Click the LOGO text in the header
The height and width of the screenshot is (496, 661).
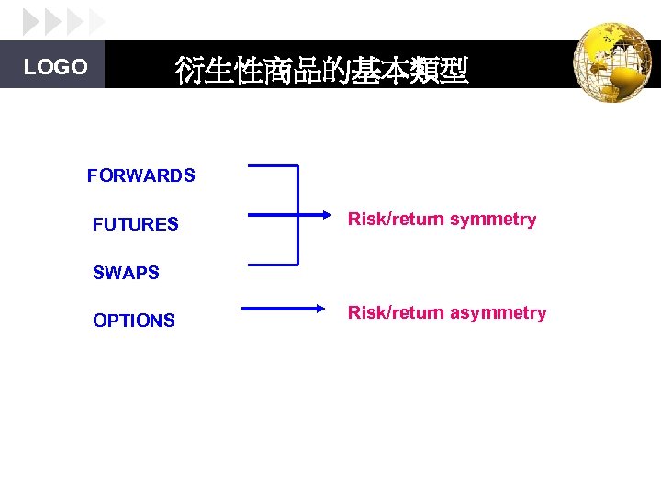pyautogui.click(x=55, y=67)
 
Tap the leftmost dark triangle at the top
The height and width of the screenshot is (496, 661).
pyautogui.click(x=30, y=21)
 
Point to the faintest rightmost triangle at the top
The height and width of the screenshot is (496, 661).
pyautogui.click(x=97, y=21)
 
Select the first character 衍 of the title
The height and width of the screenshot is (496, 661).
pyautogui.click(x=189, y=71)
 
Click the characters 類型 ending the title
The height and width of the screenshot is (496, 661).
pyautogui.click(x=438, y=71)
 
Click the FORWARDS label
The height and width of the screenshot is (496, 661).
pyautogui.click(x=141, y=175)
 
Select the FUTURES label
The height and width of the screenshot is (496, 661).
pyautogui.click(x=136, y=224)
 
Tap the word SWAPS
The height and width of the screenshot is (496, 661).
pyautogui.click(x=126, y=273)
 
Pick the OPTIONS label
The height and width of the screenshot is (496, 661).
pyautogui.click(x=134, y=321)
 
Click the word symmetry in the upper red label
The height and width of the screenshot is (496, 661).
pyautogui.click(x=493, y=220)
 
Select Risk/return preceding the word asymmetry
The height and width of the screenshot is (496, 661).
pyautogui.click(x=396, y=313)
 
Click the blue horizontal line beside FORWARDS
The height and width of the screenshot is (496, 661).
pyautogui.click(x=273, y=166)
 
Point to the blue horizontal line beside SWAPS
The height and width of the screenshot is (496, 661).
pyautogui.click(x=273, y=264)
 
